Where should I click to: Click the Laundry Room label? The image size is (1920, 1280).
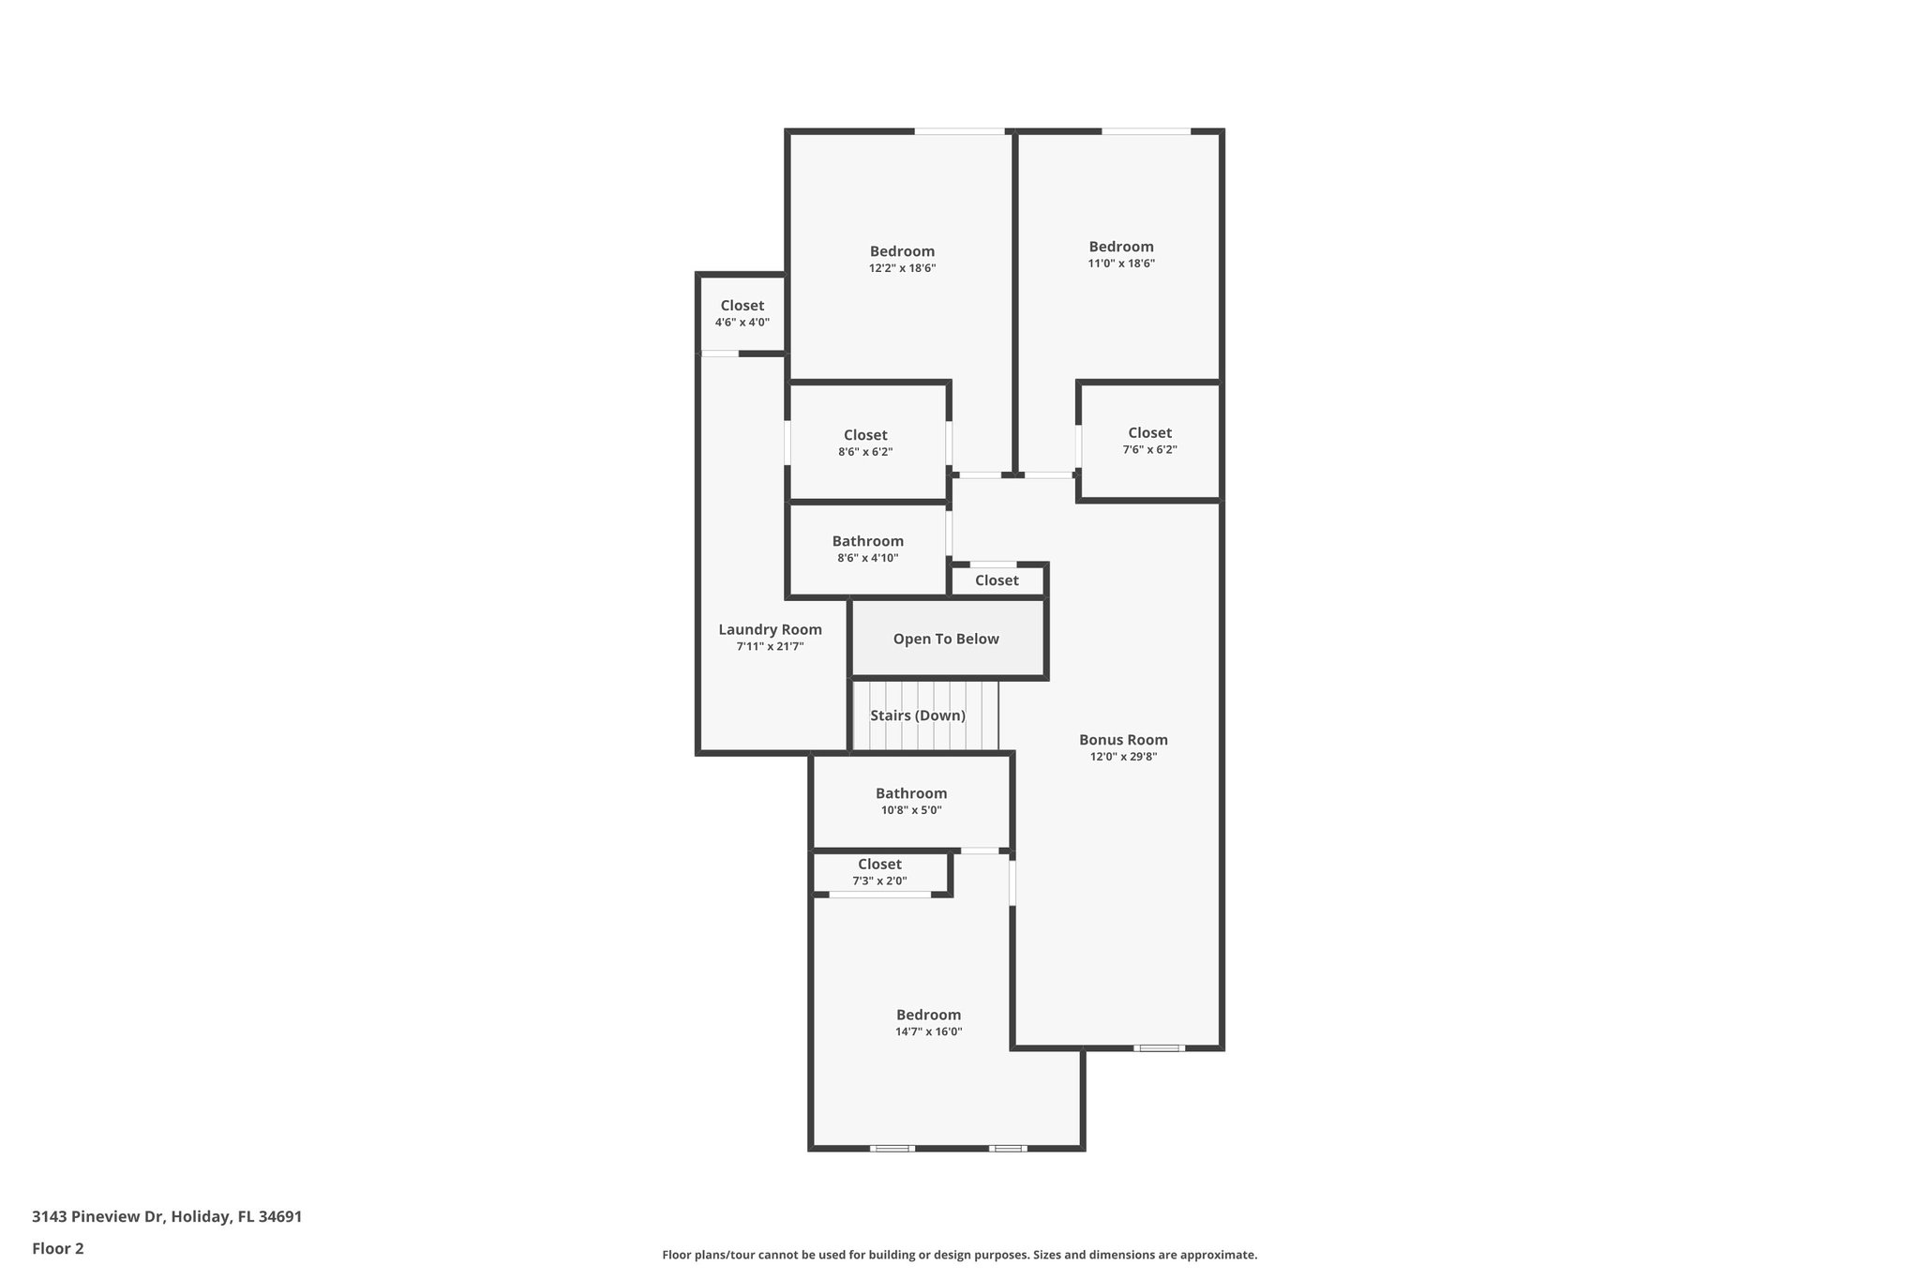[x=770, y=630]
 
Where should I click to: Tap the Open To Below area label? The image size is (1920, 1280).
[x=946, y=640]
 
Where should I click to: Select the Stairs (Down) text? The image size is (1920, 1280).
[x=918, y=715]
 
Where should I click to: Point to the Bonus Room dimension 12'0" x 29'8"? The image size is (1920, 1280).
[x=1123, y=757]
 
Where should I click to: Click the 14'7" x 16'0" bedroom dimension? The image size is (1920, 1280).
[x=928, y=1032]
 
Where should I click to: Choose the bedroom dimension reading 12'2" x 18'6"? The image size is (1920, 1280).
[x=902, y=268]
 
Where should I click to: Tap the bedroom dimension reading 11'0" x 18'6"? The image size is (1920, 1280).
[x=1121, y=264]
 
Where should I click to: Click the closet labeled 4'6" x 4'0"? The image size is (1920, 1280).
[x=742, y=313]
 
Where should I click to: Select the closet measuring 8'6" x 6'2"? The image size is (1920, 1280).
[x=865, y=443]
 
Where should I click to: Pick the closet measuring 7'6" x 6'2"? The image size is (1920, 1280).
[x=1149, y=441]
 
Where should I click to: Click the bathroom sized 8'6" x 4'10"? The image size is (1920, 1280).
[x=867, y=549]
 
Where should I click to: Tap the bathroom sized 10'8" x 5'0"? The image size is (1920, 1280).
[x=911, y=801]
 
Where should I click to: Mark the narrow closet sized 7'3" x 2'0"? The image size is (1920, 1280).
[x=879, y=872]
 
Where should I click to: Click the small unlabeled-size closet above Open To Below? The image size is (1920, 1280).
[x=997, y=580]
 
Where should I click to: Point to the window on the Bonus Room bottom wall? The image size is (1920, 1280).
[x=1159, y=1047]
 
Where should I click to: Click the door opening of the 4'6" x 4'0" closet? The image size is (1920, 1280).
[x=720, y=354]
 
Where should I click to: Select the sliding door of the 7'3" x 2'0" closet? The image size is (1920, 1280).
[x=879, y=895]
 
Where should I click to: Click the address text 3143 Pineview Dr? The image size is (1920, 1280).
[x=167, y=1217]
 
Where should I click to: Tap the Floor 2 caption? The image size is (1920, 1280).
[x=58, y=1248]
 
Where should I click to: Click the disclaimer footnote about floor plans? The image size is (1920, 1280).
[x=959, y=1255]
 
